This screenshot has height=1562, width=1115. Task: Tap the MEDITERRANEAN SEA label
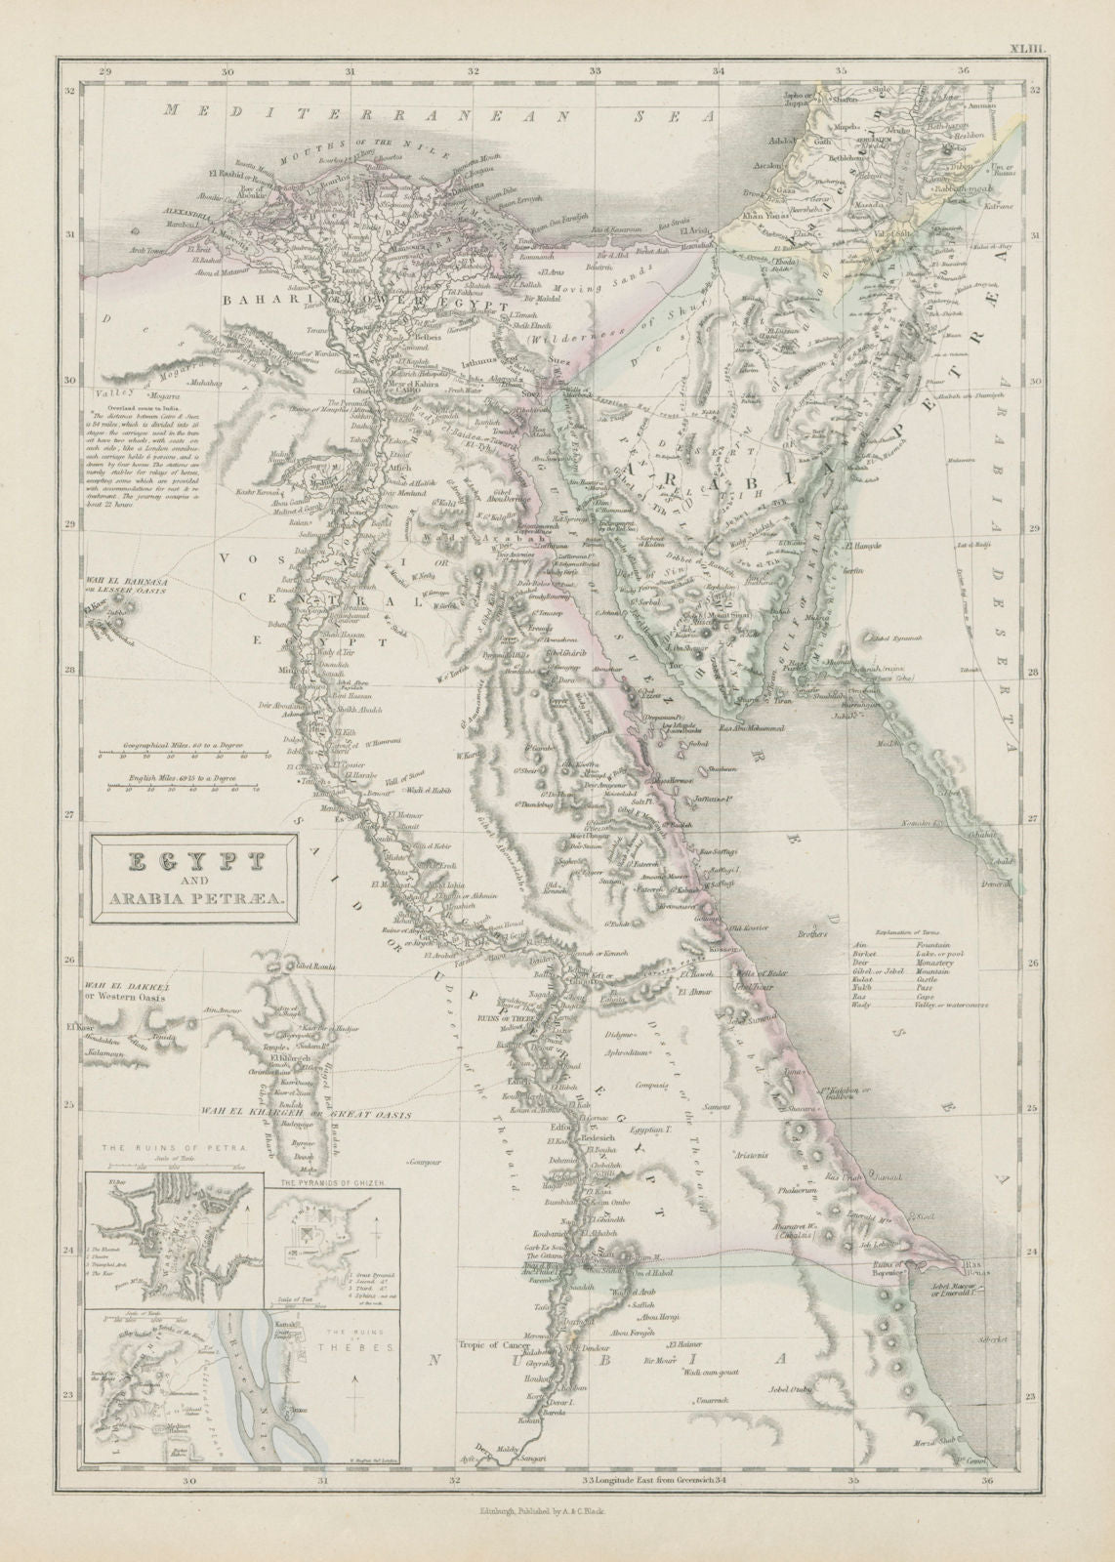coord(439,114)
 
